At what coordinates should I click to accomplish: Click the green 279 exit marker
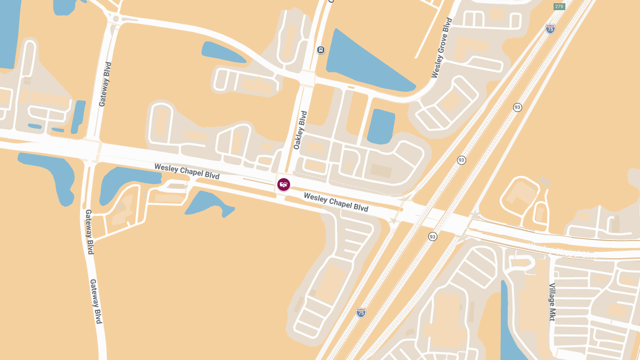[x=559, y=6]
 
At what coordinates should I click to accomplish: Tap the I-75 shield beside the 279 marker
[x=550, y=29]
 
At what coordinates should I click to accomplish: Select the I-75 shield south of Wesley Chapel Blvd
[x=361, y=313]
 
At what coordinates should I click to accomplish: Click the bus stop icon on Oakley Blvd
[x=321, y=50]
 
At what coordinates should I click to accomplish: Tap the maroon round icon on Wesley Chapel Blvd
[x=284, y=185]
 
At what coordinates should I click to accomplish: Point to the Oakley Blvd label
[x=300, y=130]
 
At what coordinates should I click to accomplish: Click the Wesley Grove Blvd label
[x=441, y=48]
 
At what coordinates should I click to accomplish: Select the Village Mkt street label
[x=552, y=302]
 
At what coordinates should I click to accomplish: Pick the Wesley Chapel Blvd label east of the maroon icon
[x=336, y=202]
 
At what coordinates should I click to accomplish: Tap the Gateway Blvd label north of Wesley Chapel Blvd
[x=106, y=84]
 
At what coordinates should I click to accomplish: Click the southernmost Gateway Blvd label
[x=95, y=301]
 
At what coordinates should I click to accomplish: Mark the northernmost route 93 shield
[x=517, y=107]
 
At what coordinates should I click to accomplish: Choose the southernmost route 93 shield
[x=432, y=236]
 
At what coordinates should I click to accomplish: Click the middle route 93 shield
[x=461, y=160]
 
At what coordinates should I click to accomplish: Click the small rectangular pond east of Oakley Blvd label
[x=381, y=126]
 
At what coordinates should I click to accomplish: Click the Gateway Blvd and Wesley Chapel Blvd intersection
[x=92, y=151]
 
